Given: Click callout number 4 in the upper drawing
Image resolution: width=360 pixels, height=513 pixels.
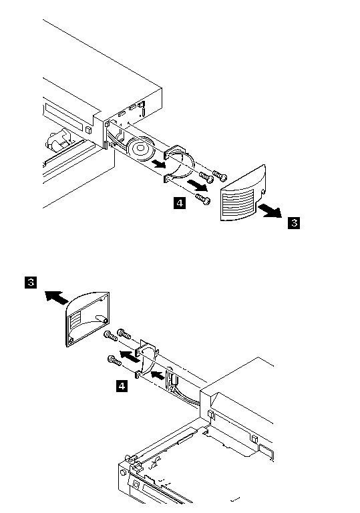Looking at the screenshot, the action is click(180, 203).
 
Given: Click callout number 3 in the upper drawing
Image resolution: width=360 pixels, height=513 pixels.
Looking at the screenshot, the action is click(294, 223).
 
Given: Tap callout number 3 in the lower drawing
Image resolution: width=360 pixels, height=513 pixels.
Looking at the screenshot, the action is click(31, 282).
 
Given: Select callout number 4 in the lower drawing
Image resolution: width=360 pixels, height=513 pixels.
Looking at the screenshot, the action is click(122, 386).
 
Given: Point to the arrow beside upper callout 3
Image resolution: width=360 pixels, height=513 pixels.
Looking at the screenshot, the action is click(269, 210).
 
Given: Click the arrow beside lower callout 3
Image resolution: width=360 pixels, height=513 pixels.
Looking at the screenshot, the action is click(57, 297).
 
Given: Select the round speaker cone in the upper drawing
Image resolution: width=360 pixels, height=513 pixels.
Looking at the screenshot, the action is click(141, 149).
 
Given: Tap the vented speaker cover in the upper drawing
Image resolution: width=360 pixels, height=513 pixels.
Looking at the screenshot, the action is click(242, 193).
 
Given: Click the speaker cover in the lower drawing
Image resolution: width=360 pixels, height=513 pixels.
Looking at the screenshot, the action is click(87, 319).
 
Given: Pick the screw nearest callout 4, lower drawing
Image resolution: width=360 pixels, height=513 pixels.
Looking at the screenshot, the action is click(114, 360).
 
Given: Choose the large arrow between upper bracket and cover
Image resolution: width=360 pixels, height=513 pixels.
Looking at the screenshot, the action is click(197, 185).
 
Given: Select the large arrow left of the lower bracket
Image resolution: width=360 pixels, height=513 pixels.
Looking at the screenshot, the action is click(130, 356).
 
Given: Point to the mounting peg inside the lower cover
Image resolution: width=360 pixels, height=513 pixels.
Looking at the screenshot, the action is click(100, 319).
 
